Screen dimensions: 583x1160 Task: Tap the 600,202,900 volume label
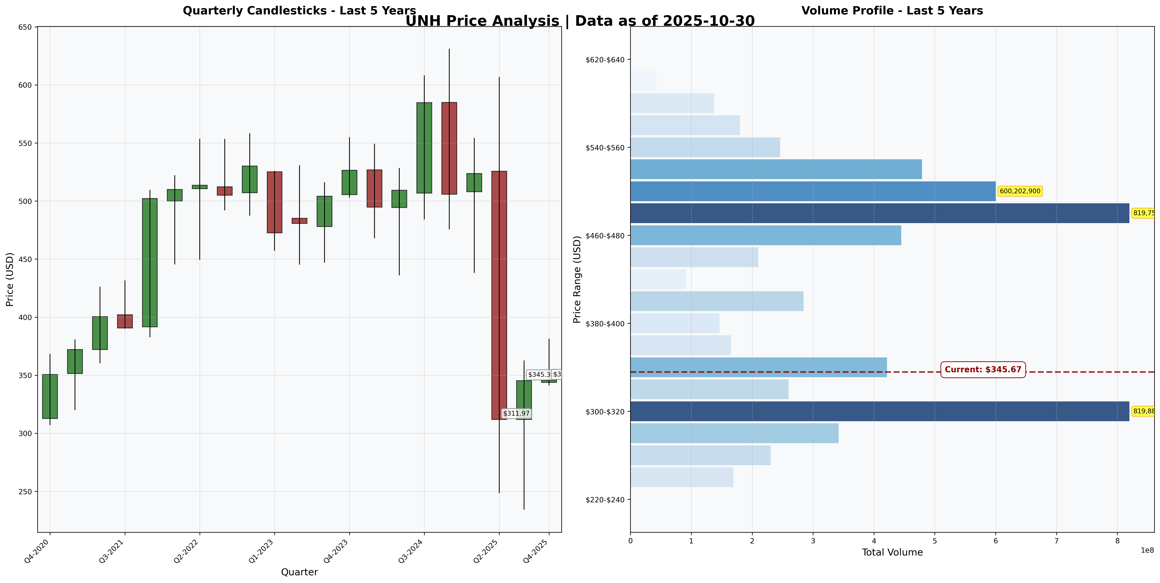point(1020,191)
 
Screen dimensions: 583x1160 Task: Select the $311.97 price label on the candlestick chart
point(516,413)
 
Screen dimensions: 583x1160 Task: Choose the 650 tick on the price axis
point(26,27)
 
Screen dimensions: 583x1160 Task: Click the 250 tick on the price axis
point(26,492)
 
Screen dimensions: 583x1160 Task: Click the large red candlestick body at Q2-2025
point(499,295)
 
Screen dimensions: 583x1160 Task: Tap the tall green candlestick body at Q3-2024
point(424,148)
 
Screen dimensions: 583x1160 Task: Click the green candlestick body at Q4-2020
point(50,396)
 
